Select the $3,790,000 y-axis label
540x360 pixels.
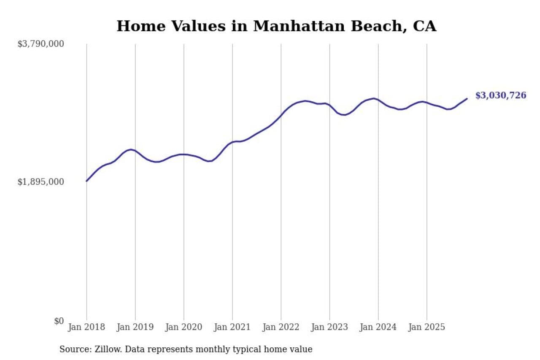[x=40, y=44]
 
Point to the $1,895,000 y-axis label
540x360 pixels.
[x=40, y=182]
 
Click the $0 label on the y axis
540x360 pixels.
[x=59, y=321]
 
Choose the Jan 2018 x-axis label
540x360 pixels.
[x=86, y=328]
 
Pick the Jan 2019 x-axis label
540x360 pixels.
[x=135, y=328]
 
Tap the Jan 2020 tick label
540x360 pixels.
[x=184, y=328]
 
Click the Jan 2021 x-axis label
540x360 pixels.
[x=232, y=328]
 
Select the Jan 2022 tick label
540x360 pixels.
[x=281, y=328]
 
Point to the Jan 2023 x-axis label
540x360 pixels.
[x=329, y=328]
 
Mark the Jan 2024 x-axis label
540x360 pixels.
[x=378, y=328]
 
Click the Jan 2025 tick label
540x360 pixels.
[x=427, y=328]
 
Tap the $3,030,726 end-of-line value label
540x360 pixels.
[x=501, y=95]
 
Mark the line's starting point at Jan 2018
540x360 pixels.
[x=86, y=181]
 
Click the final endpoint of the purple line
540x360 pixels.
[x=467, y=99]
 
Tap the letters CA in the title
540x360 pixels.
[x=424, y=26]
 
